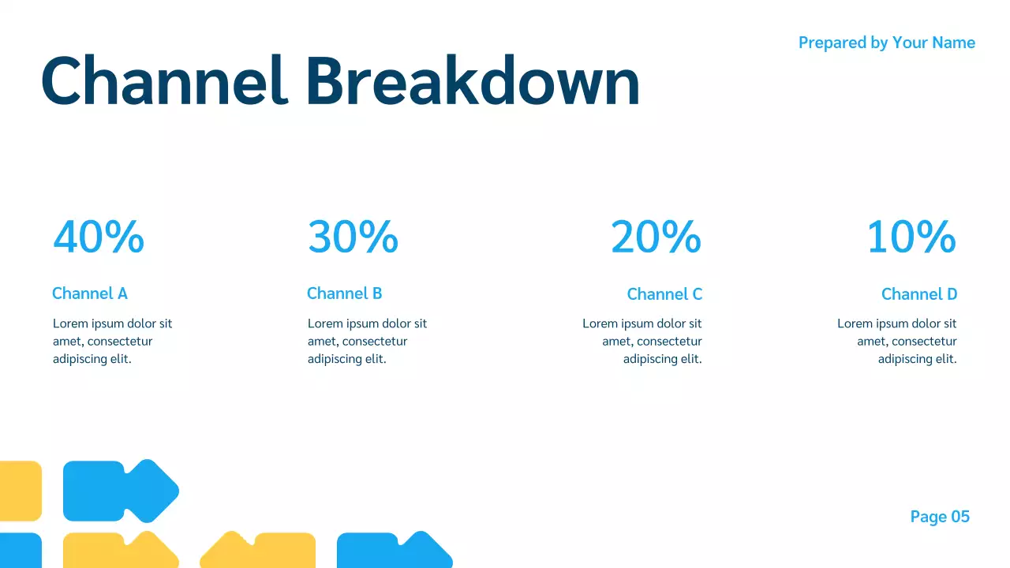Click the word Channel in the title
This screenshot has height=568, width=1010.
[x=163, y=81]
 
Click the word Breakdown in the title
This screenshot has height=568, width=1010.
[x=472, y=81]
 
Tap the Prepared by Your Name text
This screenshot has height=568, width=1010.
[x=886, y=43]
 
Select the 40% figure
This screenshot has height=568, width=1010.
[x=99, y=237]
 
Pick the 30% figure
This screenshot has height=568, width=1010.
[x=353, y=237]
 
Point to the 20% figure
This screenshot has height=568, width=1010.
[x=656, y=237]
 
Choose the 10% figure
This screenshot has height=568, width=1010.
[x=911, y=237]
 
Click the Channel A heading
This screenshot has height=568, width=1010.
[x=89, y=293]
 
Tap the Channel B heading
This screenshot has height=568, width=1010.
[x=344, y=293]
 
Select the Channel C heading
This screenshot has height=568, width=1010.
[x=664, y=294]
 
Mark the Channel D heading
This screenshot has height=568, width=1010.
[x=919, y=294]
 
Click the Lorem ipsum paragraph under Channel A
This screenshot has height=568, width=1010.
[x=112, y=341]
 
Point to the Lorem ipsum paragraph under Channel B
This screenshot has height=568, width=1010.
[x=367, y=341]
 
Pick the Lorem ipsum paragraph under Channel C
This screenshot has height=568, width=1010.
[x=642, y=341]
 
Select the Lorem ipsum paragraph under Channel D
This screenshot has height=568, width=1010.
[x=897, y=341]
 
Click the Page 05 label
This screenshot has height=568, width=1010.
[x=940, y=517]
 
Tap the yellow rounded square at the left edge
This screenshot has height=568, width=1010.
[x=19, y=491]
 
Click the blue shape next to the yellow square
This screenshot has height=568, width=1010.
[x=118, y=491]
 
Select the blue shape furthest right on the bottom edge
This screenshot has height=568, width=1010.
[x=392, y=551]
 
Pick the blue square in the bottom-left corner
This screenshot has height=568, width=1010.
[x=19, y=551]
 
